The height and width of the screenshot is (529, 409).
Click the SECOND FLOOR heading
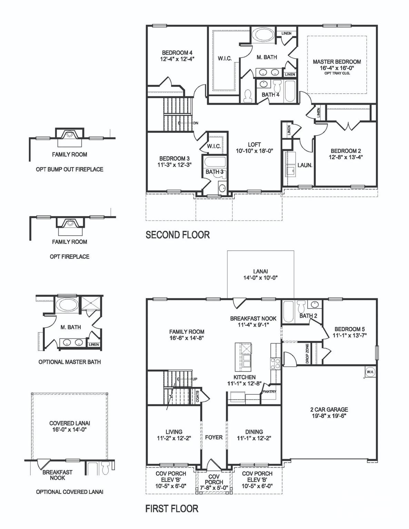pyautogui.click(x=178, y=235)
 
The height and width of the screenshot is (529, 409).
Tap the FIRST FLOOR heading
pyautogui.click(x=172, y=509)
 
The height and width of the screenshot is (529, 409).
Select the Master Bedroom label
pyautogui.click(x=337, y=62)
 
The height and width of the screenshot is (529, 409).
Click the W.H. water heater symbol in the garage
pyautogui.click(x=370, y=372)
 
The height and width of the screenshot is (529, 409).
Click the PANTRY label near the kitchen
pyautogui.click(x=269, y=392)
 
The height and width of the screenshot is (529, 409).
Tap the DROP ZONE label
pyautogui.click(x=307, y=353)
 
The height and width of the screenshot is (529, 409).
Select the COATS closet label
pyautogui.click(x=197, y=396)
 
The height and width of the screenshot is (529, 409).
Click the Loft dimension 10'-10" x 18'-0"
pyautogui.click(x=254, y=151)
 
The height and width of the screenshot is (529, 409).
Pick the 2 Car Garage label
pyautogui.click(x=329, y=409)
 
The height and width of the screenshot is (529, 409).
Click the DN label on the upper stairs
pyautogui.click(x=196, y=123)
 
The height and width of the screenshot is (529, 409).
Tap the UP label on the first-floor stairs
pyautogui.click(x=195, y=379)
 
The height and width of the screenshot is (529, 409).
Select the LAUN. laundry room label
pyautogui.click(x=305, y=165)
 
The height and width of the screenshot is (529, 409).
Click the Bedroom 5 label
pyautogui.click(x=349, y=329)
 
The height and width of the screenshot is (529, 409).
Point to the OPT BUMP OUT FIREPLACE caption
pyautogui.click(x=70, y=169)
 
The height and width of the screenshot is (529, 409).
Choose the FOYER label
pyautogui.click(x=214, y=437)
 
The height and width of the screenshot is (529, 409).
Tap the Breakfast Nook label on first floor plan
pyautogui.click(x=253, y=319)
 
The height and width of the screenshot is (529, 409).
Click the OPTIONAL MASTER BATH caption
pyautogui.click(x=70, y=362)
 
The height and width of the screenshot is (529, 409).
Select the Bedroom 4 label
pyautogui.click(x=177, y=53)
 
